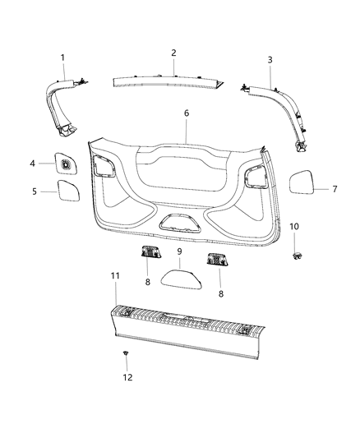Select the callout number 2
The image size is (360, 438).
pyautogui.click(x=173, y=53)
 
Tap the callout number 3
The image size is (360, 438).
pyautogui.click(x=270, y=59)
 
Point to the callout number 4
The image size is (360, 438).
pyautogui.click(x=33, y=164)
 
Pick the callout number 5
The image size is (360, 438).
pyautogui.click(x=34, y=191)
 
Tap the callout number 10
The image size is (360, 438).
pyautogui.click(x=294, y=225)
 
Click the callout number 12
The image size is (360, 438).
pyautogui.click(x=127, y=377)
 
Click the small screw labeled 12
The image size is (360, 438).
pyautogui.click(x=125, y=353)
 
